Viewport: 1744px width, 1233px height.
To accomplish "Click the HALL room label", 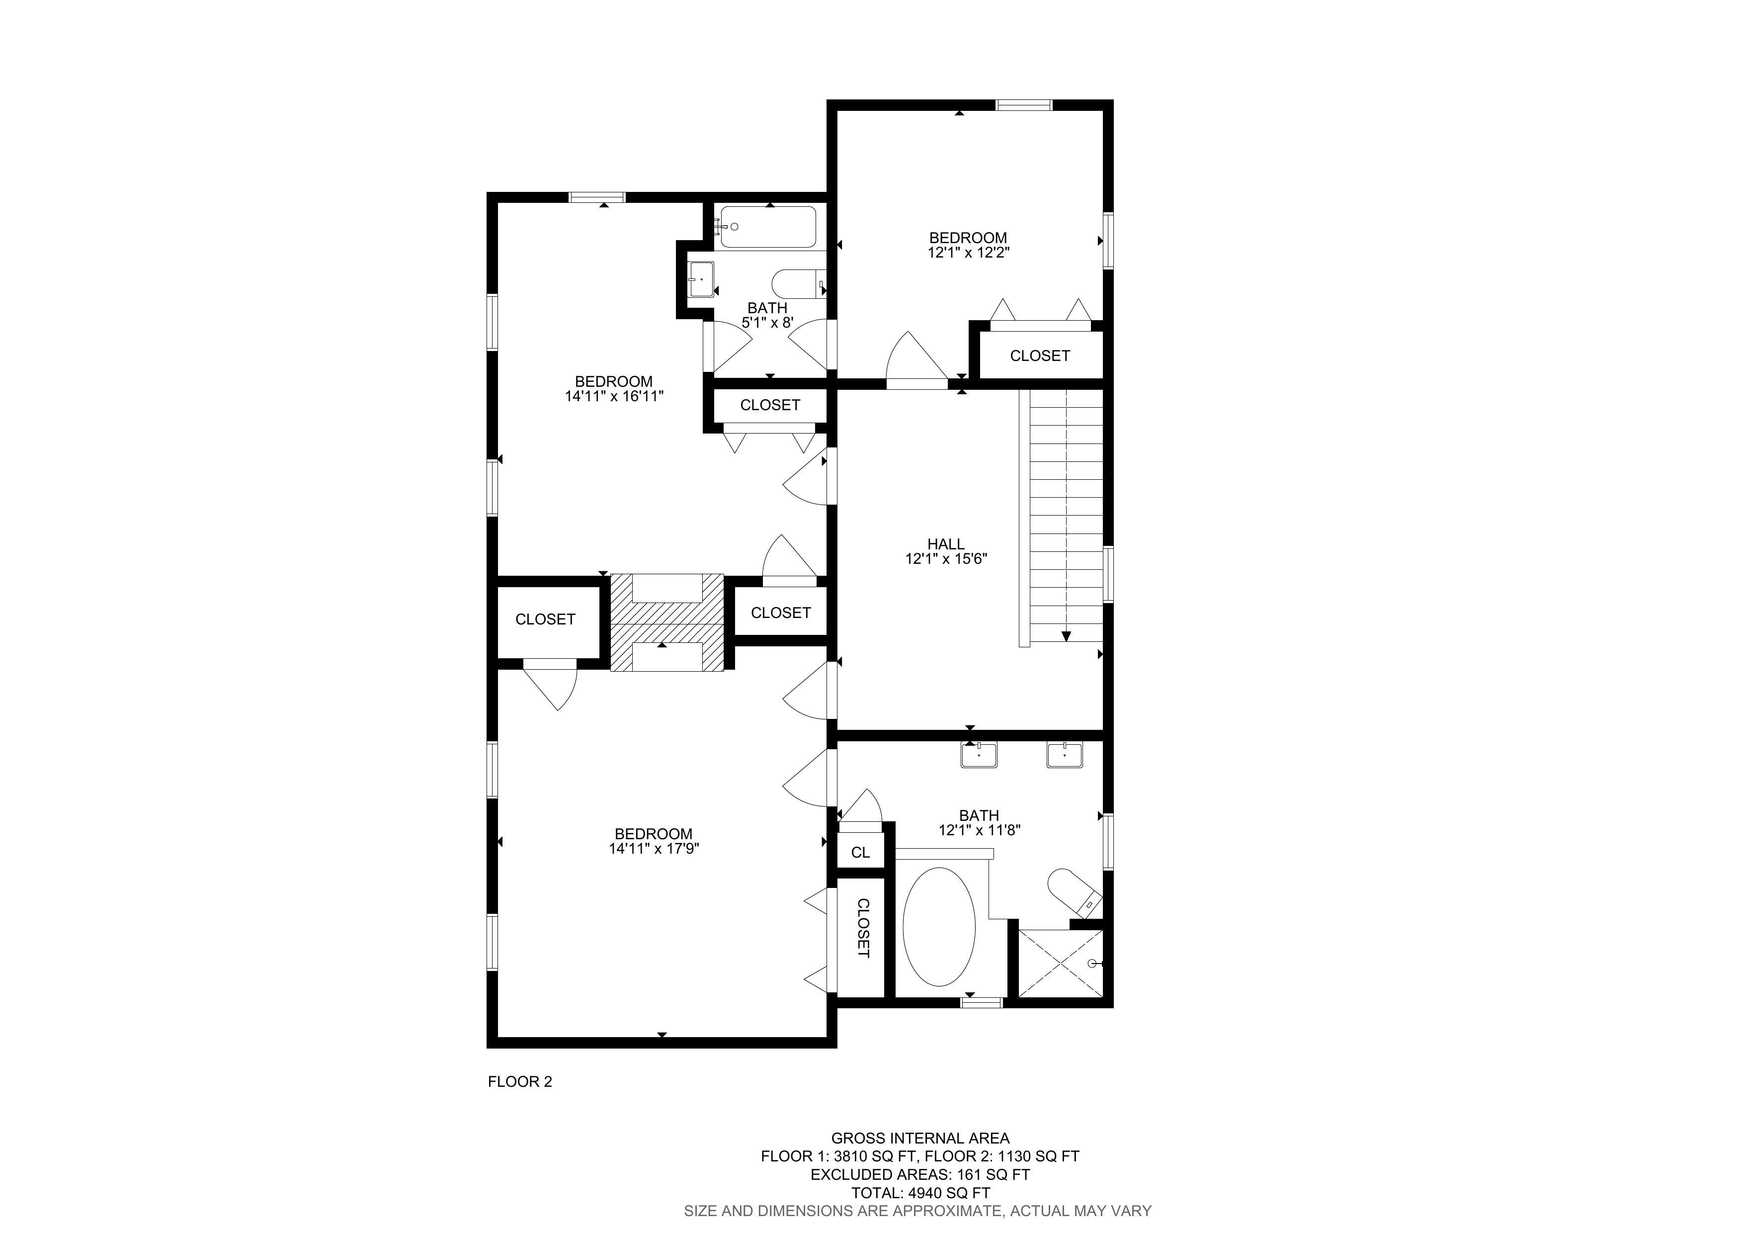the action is (946, 544).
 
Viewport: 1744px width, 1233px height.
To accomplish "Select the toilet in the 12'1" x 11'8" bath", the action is (1074, 892).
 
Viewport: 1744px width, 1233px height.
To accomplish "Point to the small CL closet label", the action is (861, 852).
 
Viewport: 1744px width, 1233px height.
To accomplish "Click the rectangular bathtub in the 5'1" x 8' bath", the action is (768, 226).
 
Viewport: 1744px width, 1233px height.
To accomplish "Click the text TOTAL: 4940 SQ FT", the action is (920, 1193).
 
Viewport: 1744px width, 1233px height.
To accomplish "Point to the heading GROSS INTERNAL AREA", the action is (920, 1138).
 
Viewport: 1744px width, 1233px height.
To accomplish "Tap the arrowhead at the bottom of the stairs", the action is (1067, 636).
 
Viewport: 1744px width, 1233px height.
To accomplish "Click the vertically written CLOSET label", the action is (863, 928).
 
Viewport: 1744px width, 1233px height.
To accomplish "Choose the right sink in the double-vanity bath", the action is (1065, 755).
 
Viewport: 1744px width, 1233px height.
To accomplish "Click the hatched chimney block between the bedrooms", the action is (667, 622).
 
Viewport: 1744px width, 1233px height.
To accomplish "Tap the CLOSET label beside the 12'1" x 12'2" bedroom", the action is (1040, 355).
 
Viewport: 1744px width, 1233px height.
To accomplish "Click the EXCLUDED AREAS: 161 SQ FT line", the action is (920, 1174).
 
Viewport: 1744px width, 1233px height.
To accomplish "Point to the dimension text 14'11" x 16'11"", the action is (614, 396).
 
